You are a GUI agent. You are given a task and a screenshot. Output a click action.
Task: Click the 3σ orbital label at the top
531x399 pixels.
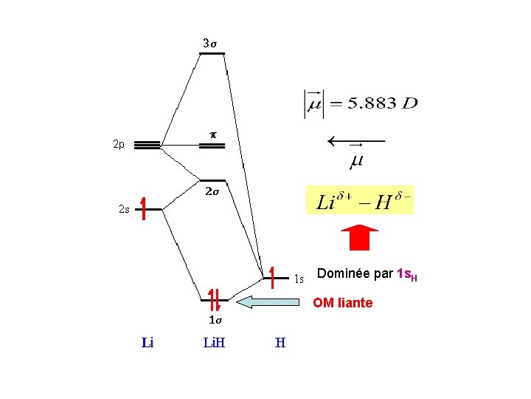pyautogui.click(x=210, y=44)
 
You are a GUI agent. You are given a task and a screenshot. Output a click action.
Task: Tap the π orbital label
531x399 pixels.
pyautogui.click(x=212, y=135)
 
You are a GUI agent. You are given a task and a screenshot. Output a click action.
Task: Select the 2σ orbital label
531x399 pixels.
pyautogui.click(x=212, y=191)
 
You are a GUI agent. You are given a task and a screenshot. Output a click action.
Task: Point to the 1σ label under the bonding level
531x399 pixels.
pyautogui.click(x=214, y=321)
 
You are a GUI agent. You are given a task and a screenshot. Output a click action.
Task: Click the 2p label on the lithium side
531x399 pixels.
pyautogui.click(x=119, y=145)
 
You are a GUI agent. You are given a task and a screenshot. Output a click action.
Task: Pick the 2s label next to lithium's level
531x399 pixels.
pyautogui.click(x=124, y=209)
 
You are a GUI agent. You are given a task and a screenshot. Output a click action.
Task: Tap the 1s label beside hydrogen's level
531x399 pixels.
pyautogui.click(x=299, y=279)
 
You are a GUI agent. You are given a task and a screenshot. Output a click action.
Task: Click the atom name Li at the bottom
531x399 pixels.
pyautogui.click(x=147, y=343)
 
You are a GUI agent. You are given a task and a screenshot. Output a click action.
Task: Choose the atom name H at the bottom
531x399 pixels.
pyautogui.click(x=280, y=343)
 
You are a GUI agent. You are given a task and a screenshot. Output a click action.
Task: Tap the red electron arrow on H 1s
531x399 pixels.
pyautogui.click(x=272, y=276)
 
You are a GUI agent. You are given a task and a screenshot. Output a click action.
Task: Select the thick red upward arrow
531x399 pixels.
pyautogui.click(x=359, y=237)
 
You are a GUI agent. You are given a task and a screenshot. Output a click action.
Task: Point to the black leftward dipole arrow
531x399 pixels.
pyautogui.click(x=356, y=140)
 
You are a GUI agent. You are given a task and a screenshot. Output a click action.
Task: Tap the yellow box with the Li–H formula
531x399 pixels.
pyautogui.click(x=360, y=200)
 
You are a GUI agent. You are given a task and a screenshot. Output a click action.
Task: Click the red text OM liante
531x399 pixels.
pyautogui.click(x=342, y=303)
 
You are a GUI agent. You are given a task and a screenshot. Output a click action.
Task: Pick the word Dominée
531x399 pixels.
pyautogui.click(x=344, y=274)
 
